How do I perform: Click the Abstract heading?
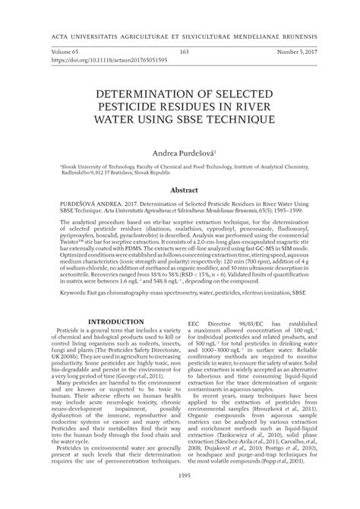point(180,189)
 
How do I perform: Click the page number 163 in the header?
point(185,51)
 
